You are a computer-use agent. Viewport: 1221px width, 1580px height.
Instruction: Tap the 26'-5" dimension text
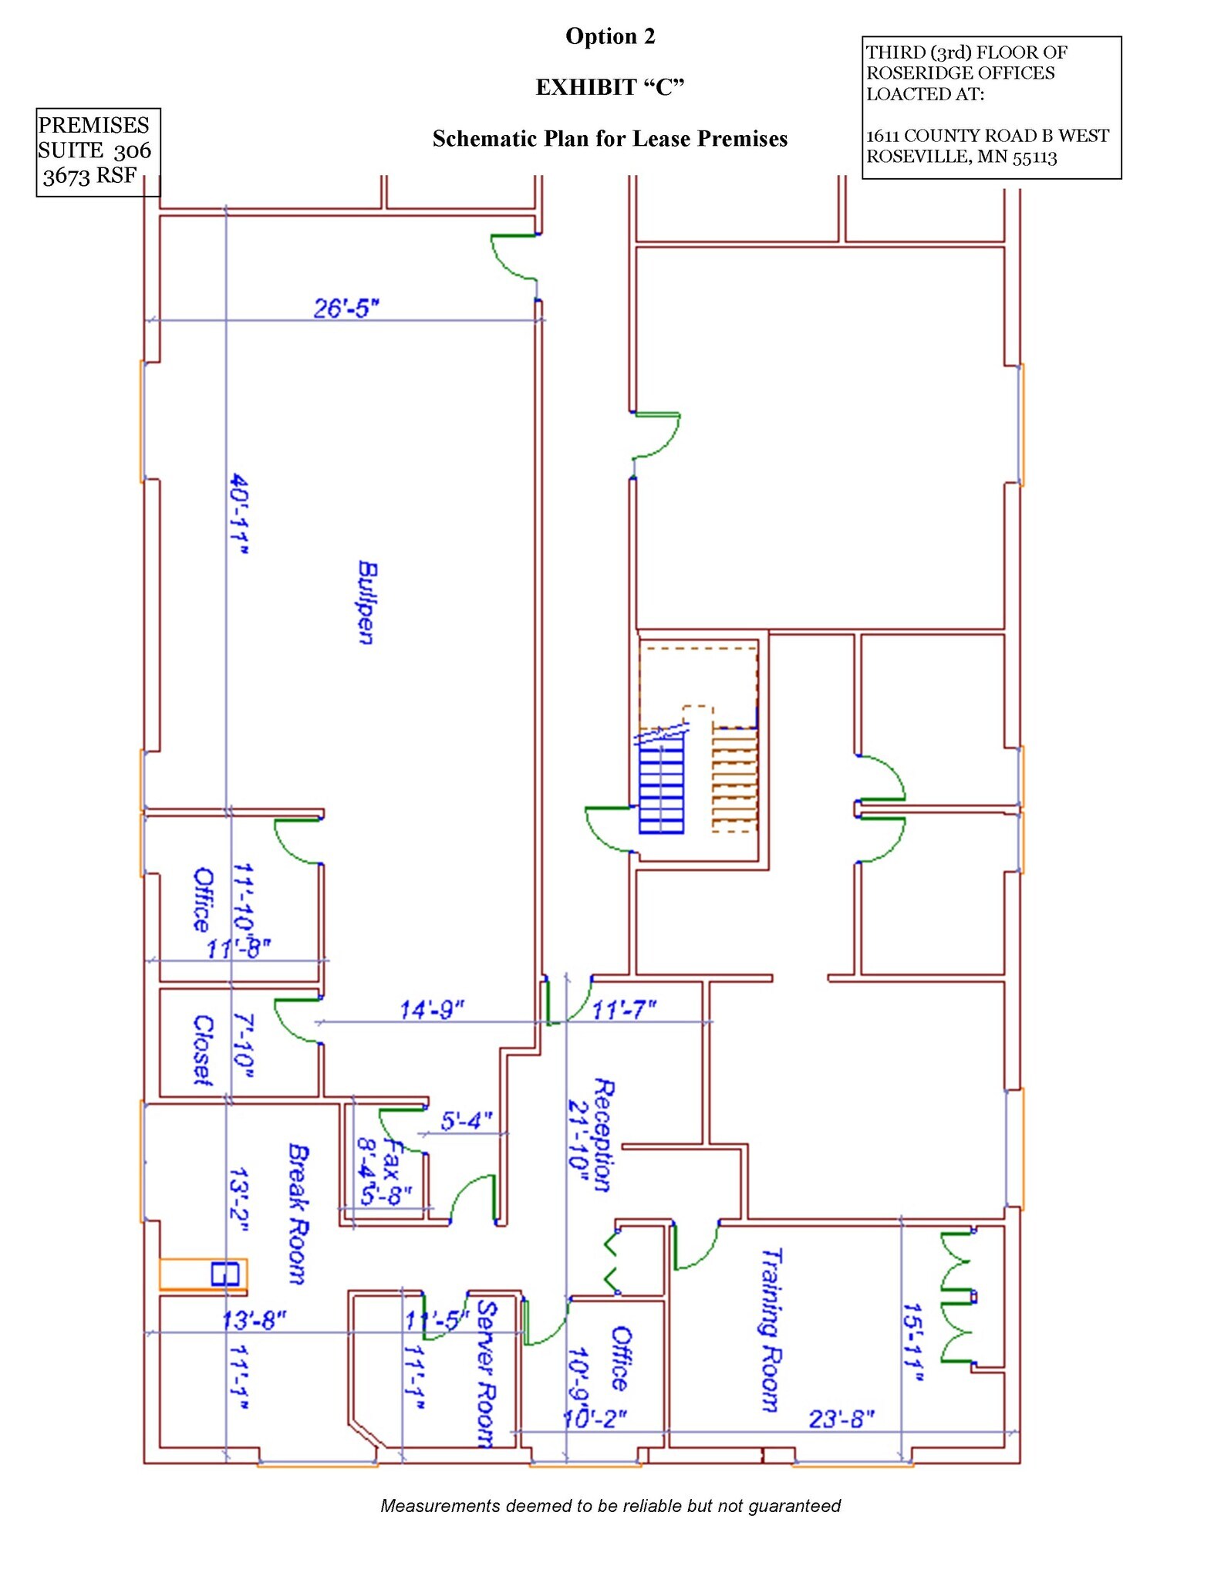tap(346, 308)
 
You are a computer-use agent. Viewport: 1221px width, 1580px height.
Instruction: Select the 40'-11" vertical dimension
tap(240, 515)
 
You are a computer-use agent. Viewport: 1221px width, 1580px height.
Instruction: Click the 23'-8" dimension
tap(842, 1419)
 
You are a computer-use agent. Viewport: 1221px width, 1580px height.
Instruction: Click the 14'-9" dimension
tap(431, 1009)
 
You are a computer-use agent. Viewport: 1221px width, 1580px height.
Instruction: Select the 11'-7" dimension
tap(624, 1009)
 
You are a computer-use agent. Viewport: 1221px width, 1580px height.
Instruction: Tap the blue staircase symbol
tap(661, 787)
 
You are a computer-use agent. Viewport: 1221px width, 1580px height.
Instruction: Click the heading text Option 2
tap(610, 36)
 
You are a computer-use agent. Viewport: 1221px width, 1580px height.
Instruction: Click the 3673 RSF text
tap(89, 176)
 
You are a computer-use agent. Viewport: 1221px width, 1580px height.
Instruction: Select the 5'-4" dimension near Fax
tap(466, 1120)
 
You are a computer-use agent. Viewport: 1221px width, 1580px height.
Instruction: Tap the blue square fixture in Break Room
tap(224, 1274)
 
